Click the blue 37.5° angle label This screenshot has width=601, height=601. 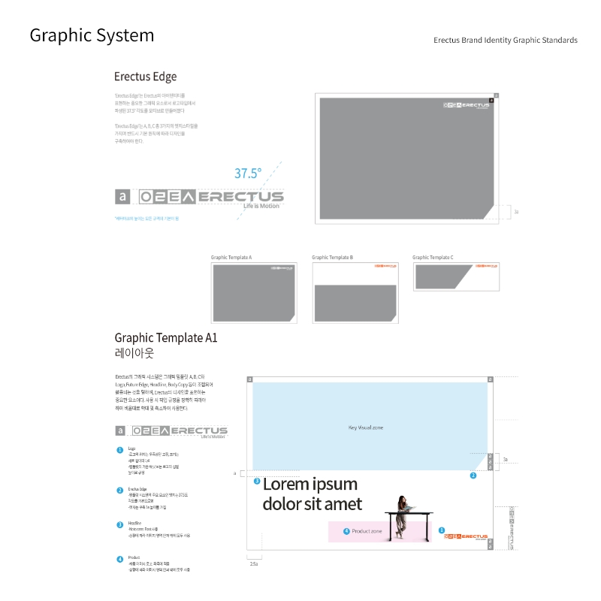click(248, 174)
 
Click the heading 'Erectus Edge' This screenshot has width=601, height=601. click(145, 77)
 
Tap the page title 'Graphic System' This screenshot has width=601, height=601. click(92, 35)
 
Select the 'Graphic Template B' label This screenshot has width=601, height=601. click(332, 258)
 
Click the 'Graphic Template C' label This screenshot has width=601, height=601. click(433, 258)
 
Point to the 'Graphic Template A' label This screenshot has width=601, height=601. click(231, 258)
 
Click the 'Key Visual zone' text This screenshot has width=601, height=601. click(366, 427)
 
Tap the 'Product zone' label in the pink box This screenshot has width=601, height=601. click(367, 531)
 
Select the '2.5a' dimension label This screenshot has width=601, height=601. click(254, 563)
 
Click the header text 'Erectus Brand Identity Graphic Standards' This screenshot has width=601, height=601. click(506, 40)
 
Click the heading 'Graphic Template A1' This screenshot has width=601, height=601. click(166, 338)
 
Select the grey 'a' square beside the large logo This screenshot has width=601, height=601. click(122, 197)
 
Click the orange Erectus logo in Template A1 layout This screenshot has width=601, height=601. click(466, 536)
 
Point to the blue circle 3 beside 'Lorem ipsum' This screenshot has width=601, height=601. click(257, 481)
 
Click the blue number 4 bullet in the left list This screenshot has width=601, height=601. click(119, 559)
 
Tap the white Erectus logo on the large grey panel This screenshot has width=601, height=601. click(466, 105)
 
